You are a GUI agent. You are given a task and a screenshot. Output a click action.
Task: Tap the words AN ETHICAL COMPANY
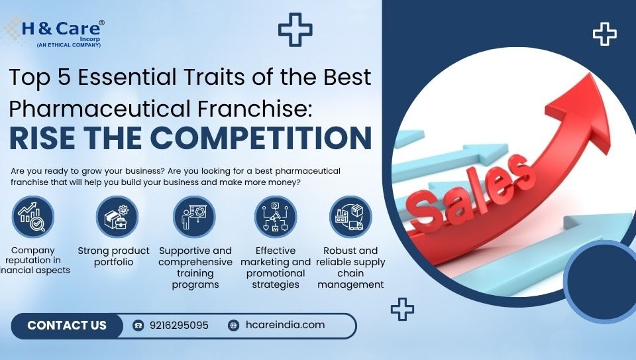[x=69, y=44]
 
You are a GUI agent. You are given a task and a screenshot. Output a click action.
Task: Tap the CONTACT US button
[x=67, y=326]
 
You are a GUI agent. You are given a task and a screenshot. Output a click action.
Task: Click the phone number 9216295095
[x=179, y=326]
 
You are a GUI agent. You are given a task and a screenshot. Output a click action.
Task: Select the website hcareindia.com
[x=285, y=325]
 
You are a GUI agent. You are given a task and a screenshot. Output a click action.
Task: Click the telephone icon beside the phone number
[x=138, y=326]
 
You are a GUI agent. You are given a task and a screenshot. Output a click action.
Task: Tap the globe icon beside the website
[x=233, y=326]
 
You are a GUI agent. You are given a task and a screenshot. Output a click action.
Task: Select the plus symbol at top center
[x=295, y=29]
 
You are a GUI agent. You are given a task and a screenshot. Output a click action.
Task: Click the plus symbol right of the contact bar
[x=402, y=309]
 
